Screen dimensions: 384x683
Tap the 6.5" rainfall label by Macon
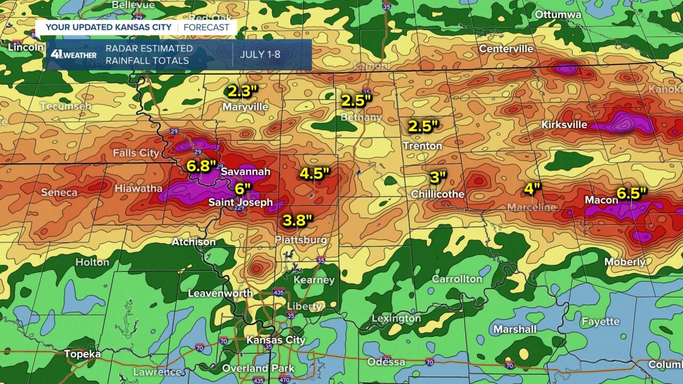[629, 193]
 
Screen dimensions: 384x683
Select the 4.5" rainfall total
[315, 173]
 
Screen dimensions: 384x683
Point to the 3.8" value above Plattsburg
[298, 220]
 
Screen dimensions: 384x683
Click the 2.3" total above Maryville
[243, 92]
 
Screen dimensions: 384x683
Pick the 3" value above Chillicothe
[439, 178]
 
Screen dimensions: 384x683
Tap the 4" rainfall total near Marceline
[532, 188]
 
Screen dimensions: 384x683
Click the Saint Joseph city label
[241, 203]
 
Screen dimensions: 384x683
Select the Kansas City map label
[276, 340]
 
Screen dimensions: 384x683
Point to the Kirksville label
[564, 125]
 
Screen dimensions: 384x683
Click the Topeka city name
[82, 354]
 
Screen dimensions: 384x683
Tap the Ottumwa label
[558, 14]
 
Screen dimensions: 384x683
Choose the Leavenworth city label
[220, 293]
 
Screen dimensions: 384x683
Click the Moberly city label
[625, 262]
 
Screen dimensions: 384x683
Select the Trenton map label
[423, 146]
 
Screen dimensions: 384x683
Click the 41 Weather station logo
[74, 54]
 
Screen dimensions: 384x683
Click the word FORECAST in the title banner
[207, 27]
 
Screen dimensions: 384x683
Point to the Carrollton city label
[457, 279]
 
